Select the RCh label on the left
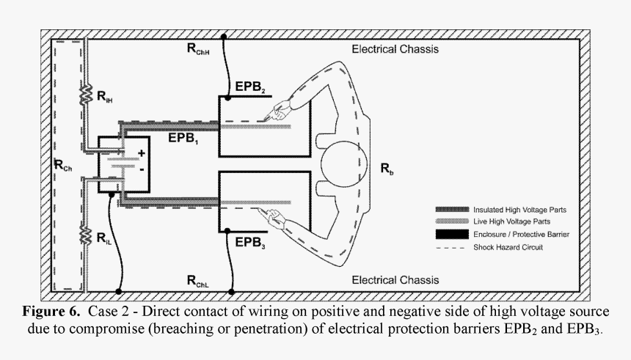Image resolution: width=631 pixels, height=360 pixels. click(63, 165)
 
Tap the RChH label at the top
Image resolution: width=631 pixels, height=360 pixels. click(199, 51)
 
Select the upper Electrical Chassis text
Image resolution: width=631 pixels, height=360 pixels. click(395, 50)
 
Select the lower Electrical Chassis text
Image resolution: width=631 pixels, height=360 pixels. click(395, 280)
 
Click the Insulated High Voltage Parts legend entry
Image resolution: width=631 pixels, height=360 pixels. click(519, 209)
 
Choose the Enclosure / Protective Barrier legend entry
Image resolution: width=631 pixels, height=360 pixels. click(521, 234)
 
